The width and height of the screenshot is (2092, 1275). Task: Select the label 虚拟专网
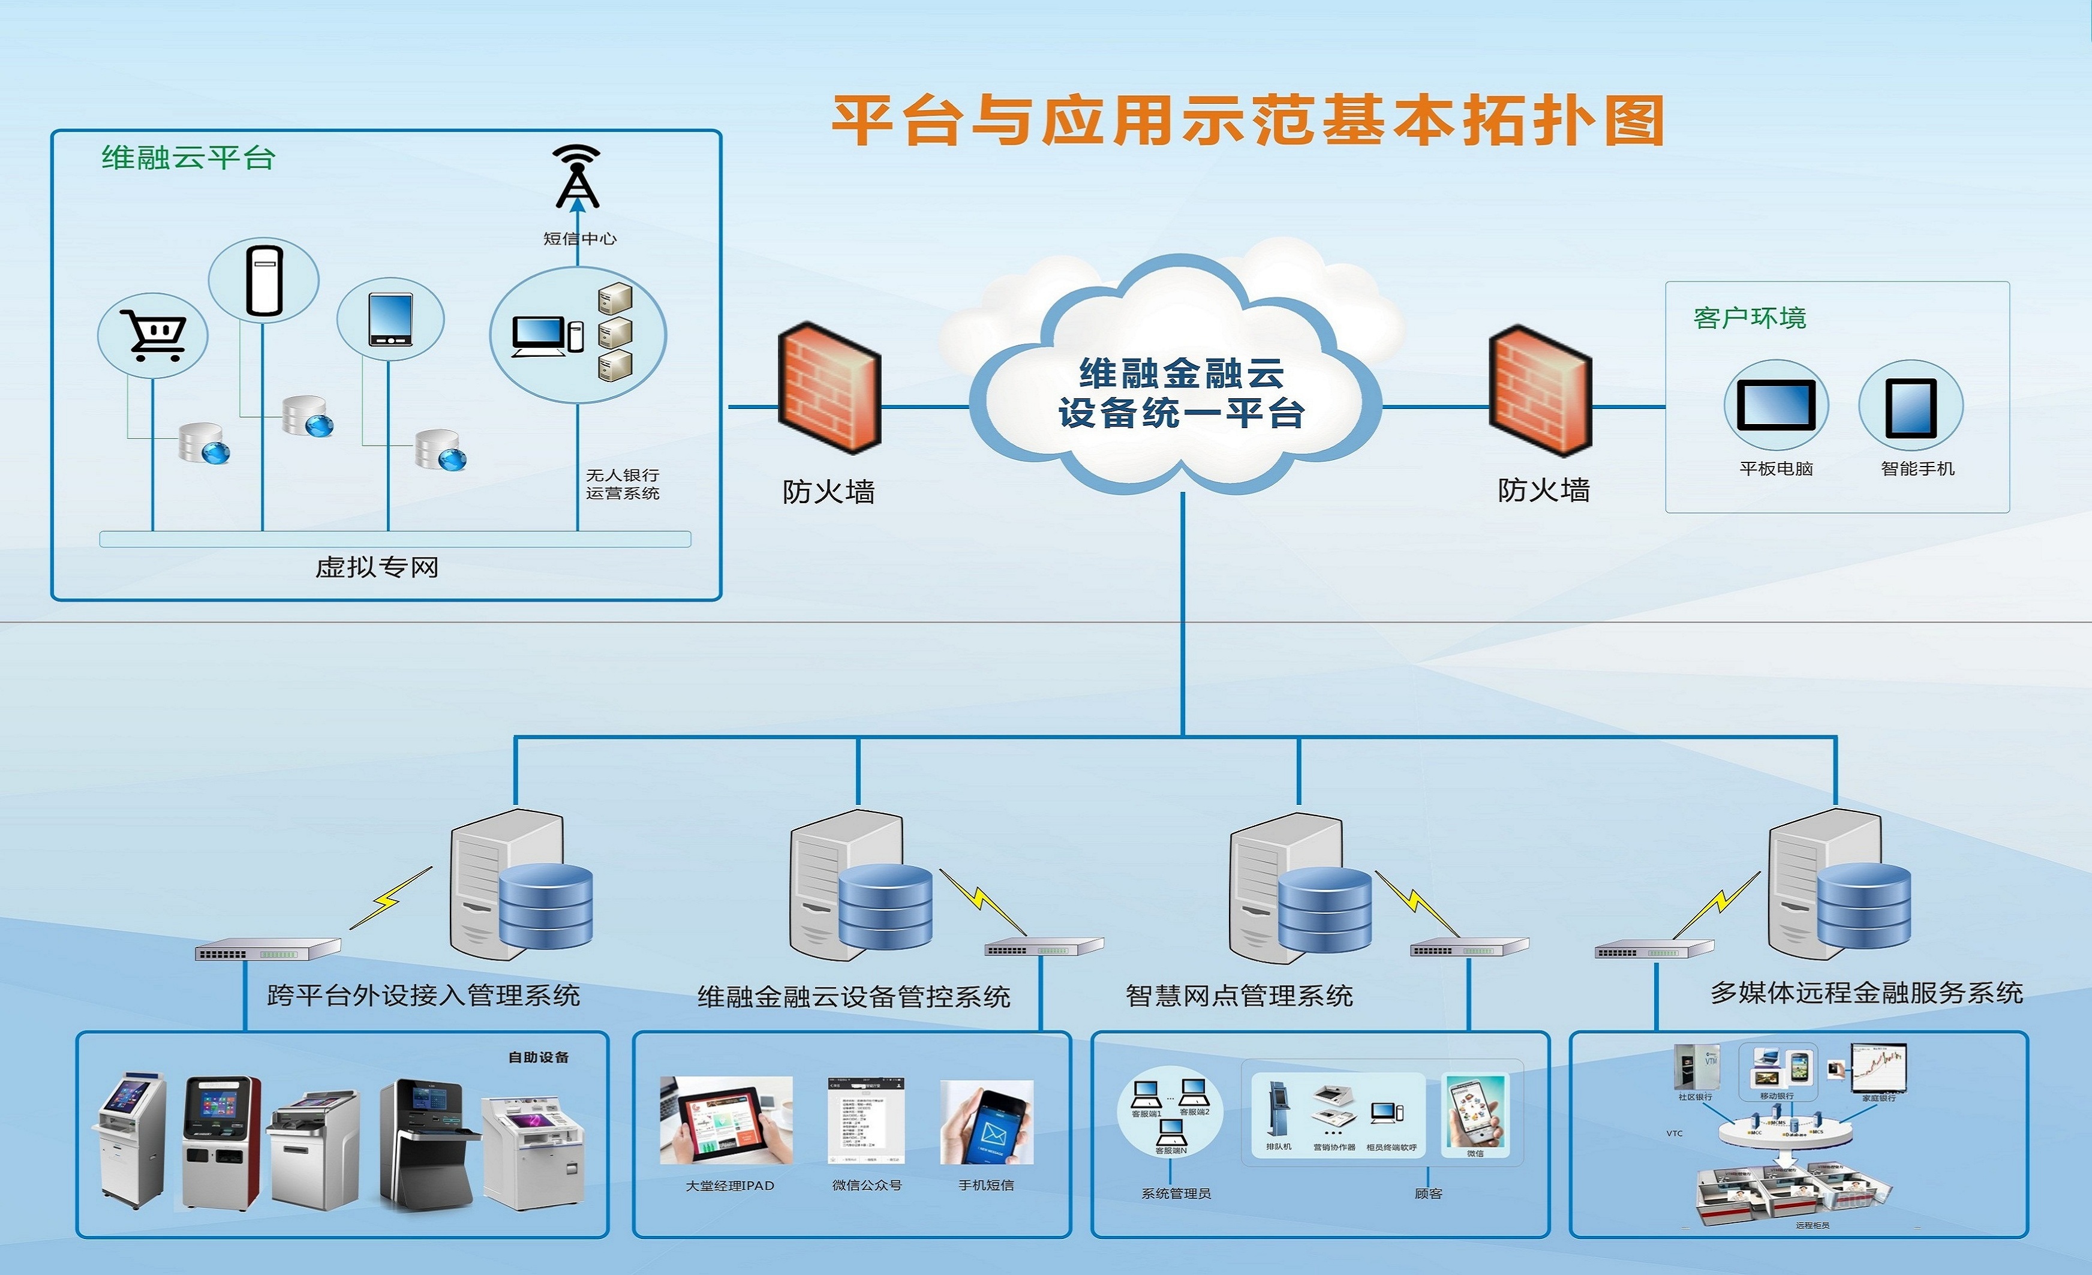[x=377, y=567]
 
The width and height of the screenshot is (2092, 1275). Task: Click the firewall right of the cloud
[x=1540, y=390]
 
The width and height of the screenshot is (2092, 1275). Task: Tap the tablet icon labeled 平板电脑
[x=1775, y=405]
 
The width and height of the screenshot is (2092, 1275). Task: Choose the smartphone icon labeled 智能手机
[x=1910, y=407]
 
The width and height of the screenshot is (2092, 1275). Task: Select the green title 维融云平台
[x=188, y=158]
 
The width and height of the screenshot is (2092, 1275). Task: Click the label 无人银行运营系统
[x=623, y=484]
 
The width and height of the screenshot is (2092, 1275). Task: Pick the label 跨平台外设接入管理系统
[x=423, y=995]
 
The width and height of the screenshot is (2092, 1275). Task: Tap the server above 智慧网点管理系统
[x=1299, y=887]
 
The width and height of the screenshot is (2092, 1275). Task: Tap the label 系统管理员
[x=1176, y=1193]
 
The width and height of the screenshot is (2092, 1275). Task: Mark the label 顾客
[x=1428, y=1193]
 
